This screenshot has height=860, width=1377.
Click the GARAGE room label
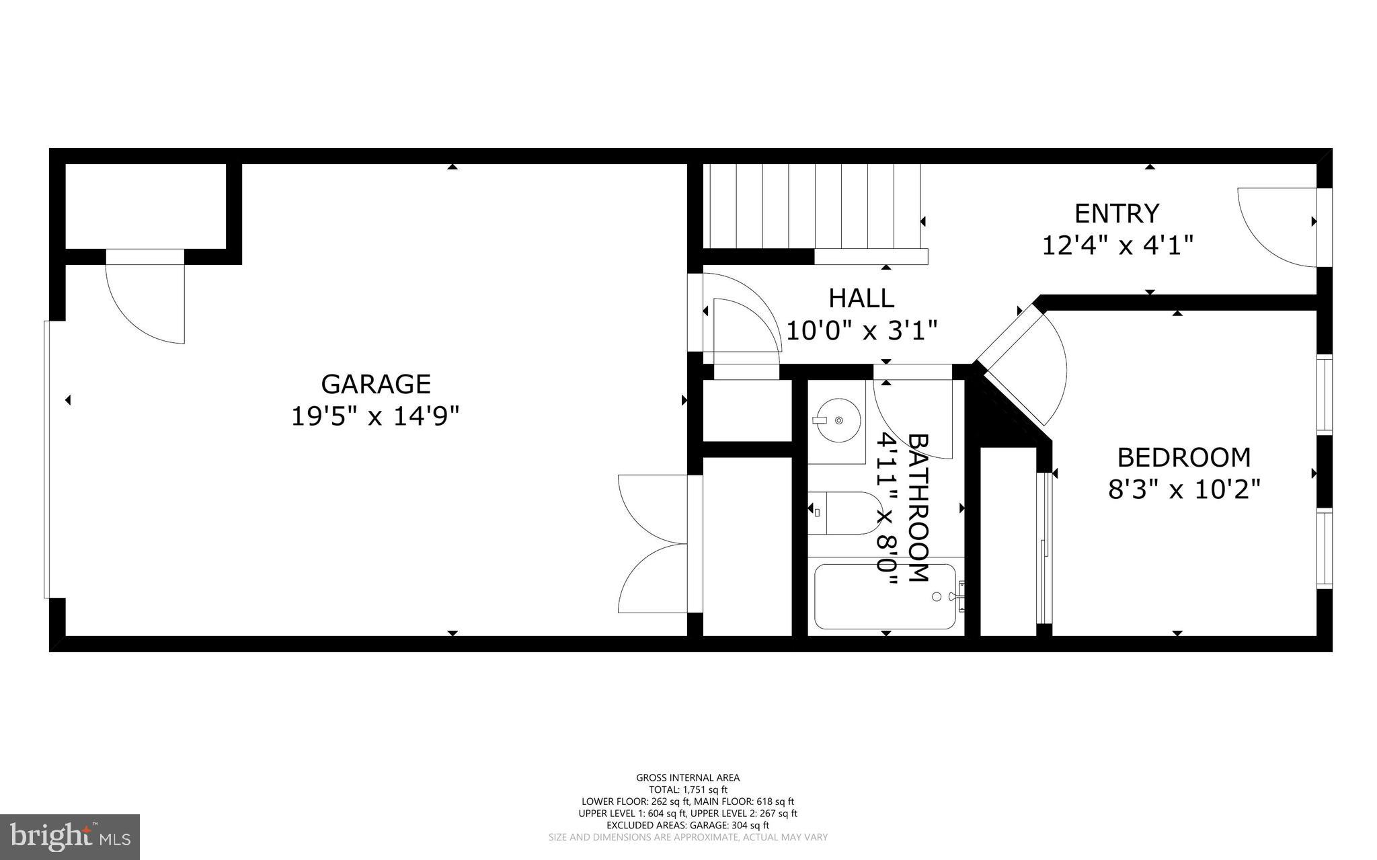point(375,384)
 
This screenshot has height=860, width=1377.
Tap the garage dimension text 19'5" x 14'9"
point(375,416)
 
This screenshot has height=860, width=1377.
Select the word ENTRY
point(1117,213)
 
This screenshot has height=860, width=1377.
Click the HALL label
point(861,298)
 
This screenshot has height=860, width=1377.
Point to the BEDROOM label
point(1183,457)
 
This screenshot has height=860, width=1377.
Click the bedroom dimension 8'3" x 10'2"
point(1183,490)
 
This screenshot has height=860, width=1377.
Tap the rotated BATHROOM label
point(918,508)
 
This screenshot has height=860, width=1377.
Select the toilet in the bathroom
point(844,513)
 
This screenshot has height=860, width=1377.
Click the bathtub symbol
point(884,596)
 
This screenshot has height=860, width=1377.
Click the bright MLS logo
point(70,836)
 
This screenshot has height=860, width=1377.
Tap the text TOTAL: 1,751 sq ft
point(688,790)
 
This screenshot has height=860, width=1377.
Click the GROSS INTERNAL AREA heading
point(688,778)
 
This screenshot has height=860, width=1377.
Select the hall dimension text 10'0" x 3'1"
point(861,331)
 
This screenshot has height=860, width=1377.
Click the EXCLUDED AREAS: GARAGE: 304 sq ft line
point(688,825)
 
